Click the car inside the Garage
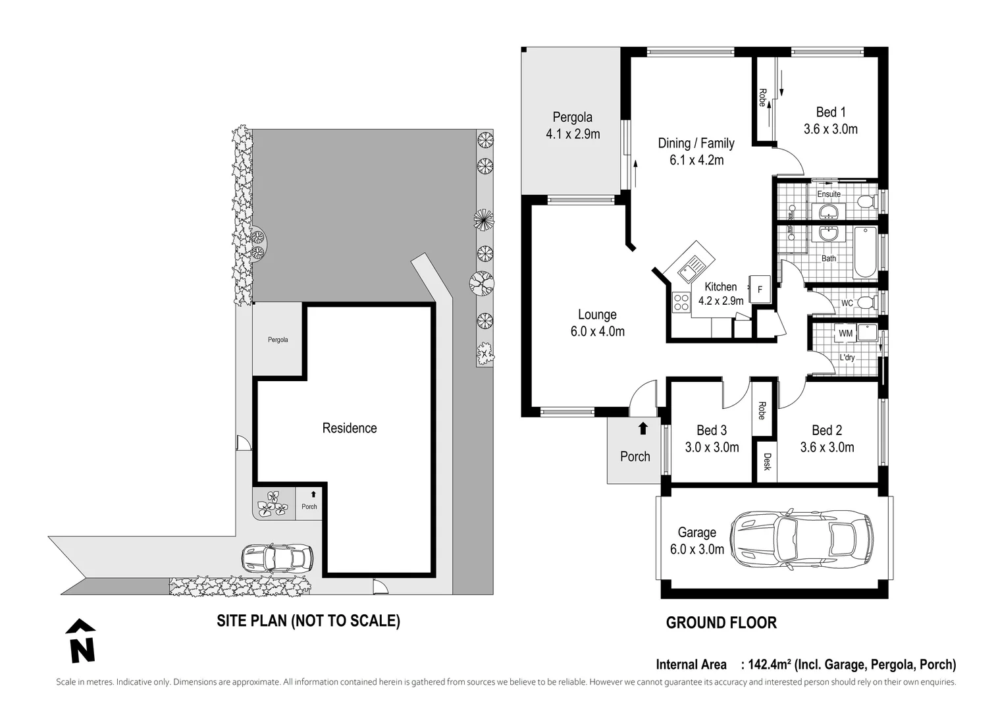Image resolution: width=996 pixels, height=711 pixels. click(801, 539)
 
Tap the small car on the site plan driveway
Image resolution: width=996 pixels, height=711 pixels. click(277, 557)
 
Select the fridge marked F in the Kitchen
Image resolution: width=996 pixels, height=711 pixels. click(760, 289)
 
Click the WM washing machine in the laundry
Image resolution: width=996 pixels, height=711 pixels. click(845, 333)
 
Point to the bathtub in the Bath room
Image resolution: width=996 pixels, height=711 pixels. click(865, 252)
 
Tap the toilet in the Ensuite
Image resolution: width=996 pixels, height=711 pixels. click(867, 203)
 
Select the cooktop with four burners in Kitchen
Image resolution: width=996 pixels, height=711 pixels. click(681, 302)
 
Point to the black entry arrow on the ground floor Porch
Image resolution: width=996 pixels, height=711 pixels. click(643, 428)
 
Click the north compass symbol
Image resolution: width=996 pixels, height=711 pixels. click(80, 641)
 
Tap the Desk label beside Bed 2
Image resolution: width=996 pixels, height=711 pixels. click(767, 461)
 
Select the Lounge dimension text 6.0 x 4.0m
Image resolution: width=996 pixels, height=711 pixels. click(598, 331)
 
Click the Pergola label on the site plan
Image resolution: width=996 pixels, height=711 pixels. click(278, 340)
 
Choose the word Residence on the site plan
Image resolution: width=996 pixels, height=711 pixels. click(350, 428)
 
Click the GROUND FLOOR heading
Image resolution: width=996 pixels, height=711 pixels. click(721, 623)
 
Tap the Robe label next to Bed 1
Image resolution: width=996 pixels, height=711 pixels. click(762, 97)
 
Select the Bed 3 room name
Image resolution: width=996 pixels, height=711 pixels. click(712, 430)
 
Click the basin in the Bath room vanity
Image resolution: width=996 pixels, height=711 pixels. click(828, 233)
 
